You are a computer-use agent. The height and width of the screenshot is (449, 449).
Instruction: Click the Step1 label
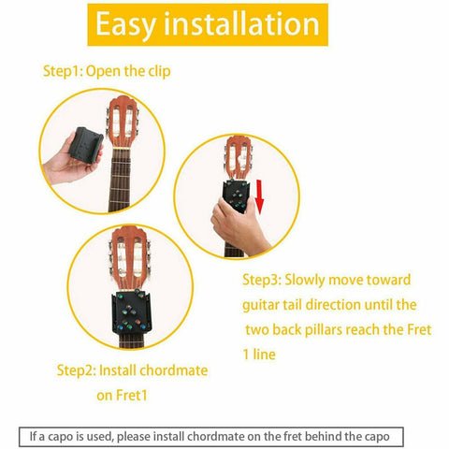63,71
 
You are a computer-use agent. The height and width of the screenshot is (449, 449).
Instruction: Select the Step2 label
76,369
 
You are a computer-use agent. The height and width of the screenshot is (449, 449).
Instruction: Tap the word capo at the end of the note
387,436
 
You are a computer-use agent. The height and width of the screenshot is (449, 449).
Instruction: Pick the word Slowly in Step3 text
308,280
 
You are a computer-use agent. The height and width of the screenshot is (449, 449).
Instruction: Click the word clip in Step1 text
158,71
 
